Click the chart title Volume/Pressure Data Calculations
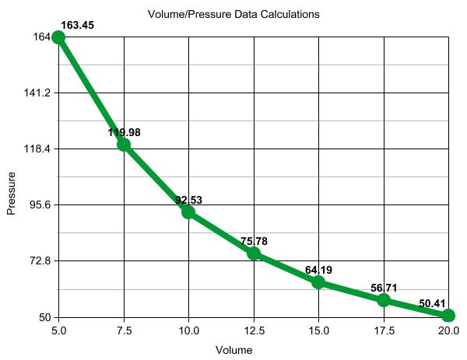tap(233, 14)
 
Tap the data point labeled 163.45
tap(58, 37)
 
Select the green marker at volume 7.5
tap(124, 144)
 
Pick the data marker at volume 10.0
tap(188, 211)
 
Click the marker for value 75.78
tap(254, 253)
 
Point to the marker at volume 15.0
tap(318, 281)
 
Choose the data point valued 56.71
tap(384, 300)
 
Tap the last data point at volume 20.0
tap(448, 315)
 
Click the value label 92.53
tap(188, 201)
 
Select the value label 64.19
tap(318, 271)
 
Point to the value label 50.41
tap(433, 304)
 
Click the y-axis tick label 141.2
tap(37, 93)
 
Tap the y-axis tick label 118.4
tap(37, 149)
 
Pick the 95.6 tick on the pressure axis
tap(39, 204)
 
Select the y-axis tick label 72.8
tap(39, 260)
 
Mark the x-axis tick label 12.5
tap(254, 331)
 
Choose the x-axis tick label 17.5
tap(384, 331)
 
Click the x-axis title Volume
tap(233, 350)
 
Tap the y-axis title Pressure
tap(12, 194)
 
